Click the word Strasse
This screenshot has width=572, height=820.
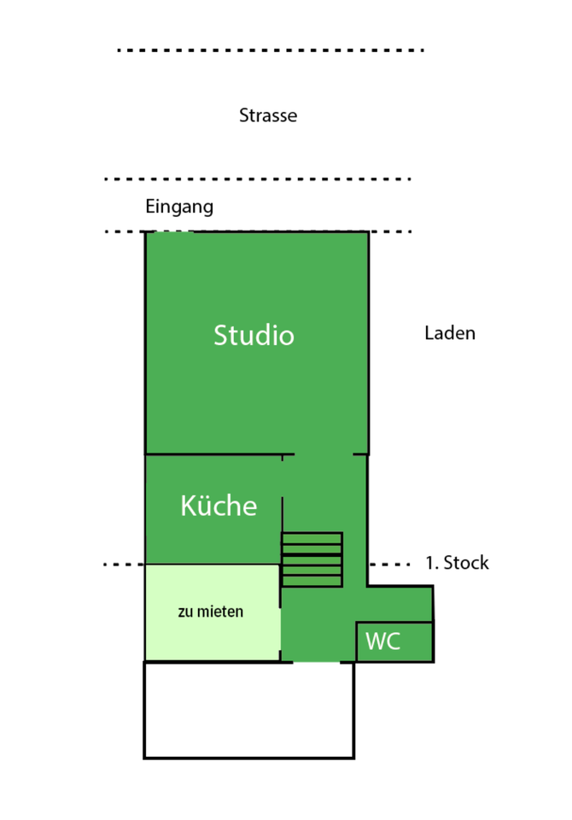[268, 115]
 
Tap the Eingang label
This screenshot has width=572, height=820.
[179, 207]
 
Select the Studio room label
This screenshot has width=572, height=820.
[254, 335]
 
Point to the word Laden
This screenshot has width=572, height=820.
[450, 333]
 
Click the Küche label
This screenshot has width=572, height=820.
[219, 506]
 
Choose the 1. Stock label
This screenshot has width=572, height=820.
[457, 563]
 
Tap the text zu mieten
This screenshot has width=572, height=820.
[211, 612]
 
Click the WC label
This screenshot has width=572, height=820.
[383, 641]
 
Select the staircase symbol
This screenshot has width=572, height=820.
[312, 559]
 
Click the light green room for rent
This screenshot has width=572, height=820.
[212, 632]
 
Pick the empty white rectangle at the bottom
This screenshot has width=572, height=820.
[248, 710]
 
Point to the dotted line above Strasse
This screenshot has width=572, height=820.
[270, 50]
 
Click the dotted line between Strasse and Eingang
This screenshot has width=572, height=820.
[257, 179]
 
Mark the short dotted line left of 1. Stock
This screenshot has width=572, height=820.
[123, 565]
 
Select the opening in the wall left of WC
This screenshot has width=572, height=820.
[317, 661]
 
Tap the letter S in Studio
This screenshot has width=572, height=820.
[221, 335]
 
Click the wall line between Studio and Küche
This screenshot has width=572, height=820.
[213, 454]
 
